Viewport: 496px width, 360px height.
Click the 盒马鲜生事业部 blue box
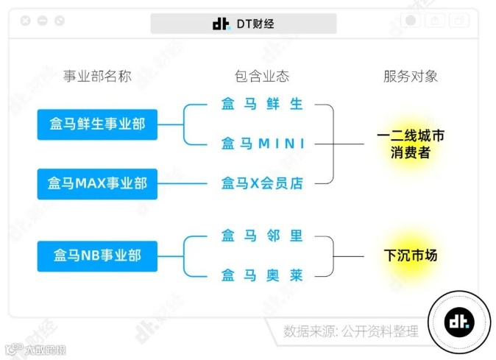click(97, 124)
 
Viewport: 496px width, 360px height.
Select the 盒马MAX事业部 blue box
click(97, 183)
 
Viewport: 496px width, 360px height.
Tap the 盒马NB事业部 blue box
click(97, 256)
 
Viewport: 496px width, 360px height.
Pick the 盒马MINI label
click(263, 144)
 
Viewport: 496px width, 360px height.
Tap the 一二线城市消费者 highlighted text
click(410, 144)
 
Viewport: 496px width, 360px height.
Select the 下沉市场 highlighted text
click(410, 256)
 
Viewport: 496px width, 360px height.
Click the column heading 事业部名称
click(97, 76)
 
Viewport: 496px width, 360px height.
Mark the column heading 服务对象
click(410, 76)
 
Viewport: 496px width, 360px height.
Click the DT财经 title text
click(255, 24)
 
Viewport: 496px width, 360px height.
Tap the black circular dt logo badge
click(460, 321)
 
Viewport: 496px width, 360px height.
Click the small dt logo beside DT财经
click(221, 24)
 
